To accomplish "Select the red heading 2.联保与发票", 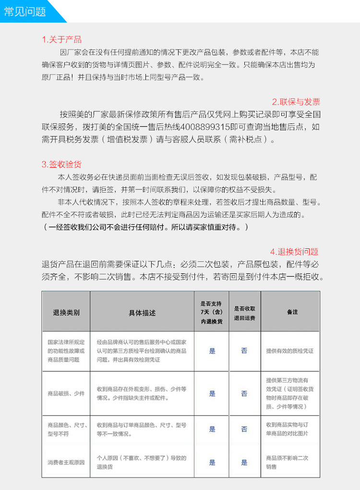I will click(x=296, y=102).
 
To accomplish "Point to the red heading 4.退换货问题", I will click(x=294, y=252).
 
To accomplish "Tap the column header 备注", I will click(x=292, y=312).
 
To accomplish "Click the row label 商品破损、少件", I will click(x=66, y=393).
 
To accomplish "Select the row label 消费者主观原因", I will click(x=66, y=462).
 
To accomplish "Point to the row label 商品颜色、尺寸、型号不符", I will click(x=66, y=429).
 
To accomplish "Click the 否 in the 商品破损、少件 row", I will click(x=244, y=393).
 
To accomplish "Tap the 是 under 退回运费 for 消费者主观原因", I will click(x=244, y=462).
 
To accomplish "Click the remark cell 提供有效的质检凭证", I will click(x=290, y=351).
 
